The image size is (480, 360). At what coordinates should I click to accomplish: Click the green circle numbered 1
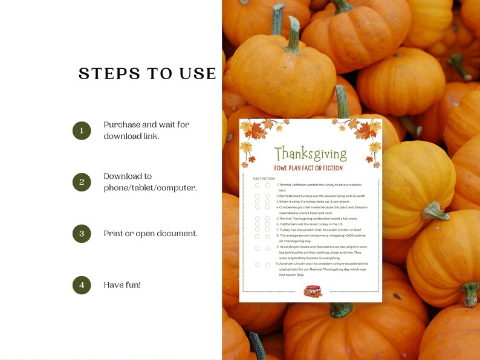pyautogui.click(x=82, y=130)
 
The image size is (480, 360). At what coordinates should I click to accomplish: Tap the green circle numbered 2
pyautogui.click(x=82, y=182)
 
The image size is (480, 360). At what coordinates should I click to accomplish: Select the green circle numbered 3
pyautogui.click(x=82, y=233)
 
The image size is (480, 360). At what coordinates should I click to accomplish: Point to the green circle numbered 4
pyautogui.click(x=82, y=284)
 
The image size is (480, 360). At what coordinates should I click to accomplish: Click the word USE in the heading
pyautogui.click(x=196, y=74)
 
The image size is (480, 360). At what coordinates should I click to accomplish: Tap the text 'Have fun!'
pyautogui.click(x=122, y=284)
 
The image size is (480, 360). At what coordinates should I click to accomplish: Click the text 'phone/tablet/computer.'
pyautogui.click(x=150, y=188)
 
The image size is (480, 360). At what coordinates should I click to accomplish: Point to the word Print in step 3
pyautogui.click(x=113, y=233)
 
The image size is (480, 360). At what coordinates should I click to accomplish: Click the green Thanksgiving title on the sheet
pyautogui.click(x=310, y=154)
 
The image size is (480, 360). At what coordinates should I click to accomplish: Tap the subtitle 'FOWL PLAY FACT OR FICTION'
pyautogui.click(x=308, y=168)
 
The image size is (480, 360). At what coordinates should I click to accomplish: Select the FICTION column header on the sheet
pyautogui.click(x=268, y=179)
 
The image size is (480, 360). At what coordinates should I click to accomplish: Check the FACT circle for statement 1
pyautogui.click(x=258, y=185)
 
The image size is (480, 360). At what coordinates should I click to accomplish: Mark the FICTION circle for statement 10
pyautogui.click(x=267, y=265)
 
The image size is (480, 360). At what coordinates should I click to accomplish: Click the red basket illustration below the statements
pyautogui.click(x=313, y=291)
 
